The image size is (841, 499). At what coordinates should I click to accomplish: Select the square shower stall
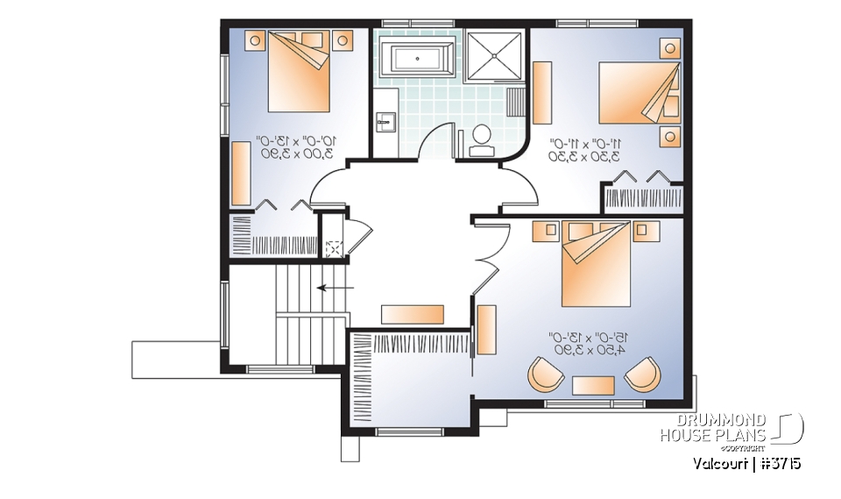(493, 57)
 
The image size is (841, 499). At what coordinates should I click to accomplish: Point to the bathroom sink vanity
(386, 123)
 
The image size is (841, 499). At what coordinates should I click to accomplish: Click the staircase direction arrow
(335, 287)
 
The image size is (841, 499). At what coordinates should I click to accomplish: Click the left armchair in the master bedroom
(547, 375)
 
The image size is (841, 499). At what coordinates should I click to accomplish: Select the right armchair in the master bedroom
(643, 375)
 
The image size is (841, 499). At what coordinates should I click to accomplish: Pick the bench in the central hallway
(412, 313)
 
